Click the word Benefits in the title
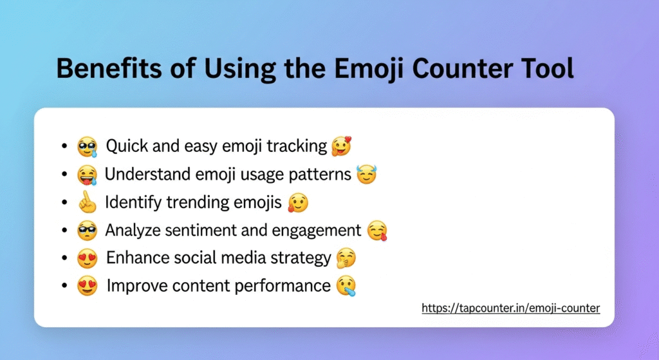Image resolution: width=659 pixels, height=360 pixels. pyautogui.click(x=109, y=68)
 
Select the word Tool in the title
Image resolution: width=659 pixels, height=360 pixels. pyautogui.click(x=548, y=68)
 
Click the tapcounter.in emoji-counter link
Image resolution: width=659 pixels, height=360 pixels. pyautogui.click(x=510, y=308)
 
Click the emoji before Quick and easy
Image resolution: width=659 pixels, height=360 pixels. pyautogui.click(x=88, y=147)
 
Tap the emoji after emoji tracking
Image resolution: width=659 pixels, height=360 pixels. pyautogui.click(x=341, y=146)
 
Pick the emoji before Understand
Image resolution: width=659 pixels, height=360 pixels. pyautogui.click(x=88, y=175)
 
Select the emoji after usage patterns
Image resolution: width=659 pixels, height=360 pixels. pyautogui.click(x=366, y=175)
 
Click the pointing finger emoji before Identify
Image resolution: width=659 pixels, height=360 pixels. pyautogui.click(x=88, y=202)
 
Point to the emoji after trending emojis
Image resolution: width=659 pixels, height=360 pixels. pyautogui.click(x=298, y=203)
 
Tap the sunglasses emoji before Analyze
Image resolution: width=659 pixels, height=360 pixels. pyautogui.click(x=88, y=231)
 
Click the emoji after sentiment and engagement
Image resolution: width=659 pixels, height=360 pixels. pyautogui.click(x=377, y=231)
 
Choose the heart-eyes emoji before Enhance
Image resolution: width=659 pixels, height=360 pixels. pyautogui.click(x=88, y=258)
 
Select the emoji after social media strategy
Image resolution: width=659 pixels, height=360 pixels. pyautogui.click(x=346, y=258)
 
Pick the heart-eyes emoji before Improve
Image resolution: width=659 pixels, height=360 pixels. pyautogui.click(x=88, y=286)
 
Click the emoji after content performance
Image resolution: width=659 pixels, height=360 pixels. pyautogui.click(x=346, y=286)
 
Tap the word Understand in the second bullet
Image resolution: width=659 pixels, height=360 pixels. pyautogui.click(x=147, y=174)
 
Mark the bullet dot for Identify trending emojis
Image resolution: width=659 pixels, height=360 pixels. pyautogui.click(x=64, y=203)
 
